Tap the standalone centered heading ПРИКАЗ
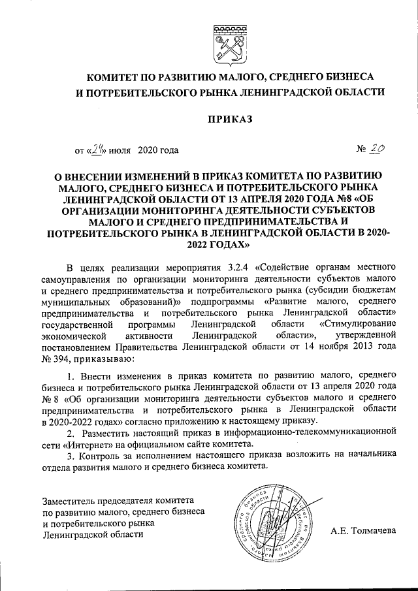click(x=229, y=120)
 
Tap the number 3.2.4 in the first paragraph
click(x=239, y=267)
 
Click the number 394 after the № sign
click(x=65, y=358)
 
